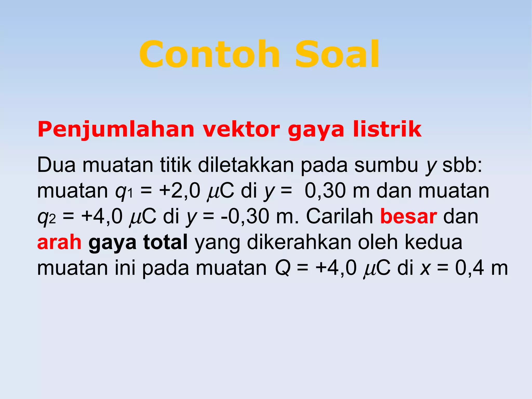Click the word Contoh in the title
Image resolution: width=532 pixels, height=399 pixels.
pos(209,55)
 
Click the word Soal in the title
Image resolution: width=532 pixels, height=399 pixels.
pos(337,55)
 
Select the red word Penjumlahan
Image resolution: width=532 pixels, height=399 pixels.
pos(116,130)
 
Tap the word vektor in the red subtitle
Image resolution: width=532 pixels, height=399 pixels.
pos(241,130)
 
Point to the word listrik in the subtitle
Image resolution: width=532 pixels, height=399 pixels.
pos(387,130)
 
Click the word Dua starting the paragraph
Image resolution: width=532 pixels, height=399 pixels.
pos(56,165)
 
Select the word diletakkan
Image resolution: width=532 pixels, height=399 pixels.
pos(245,165)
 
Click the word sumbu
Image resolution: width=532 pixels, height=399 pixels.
pos(386,165)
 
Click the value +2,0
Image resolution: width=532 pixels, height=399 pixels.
pos(179,191)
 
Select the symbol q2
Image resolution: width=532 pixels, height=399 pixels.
pos(46,217)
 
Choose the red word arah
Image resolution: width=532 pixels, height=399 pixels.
pos(59,242)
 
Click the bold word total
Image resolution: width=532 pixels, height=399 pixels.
pos(165,242)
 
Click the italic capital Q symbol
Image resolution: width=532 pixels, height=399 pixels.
pos(283,268)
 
